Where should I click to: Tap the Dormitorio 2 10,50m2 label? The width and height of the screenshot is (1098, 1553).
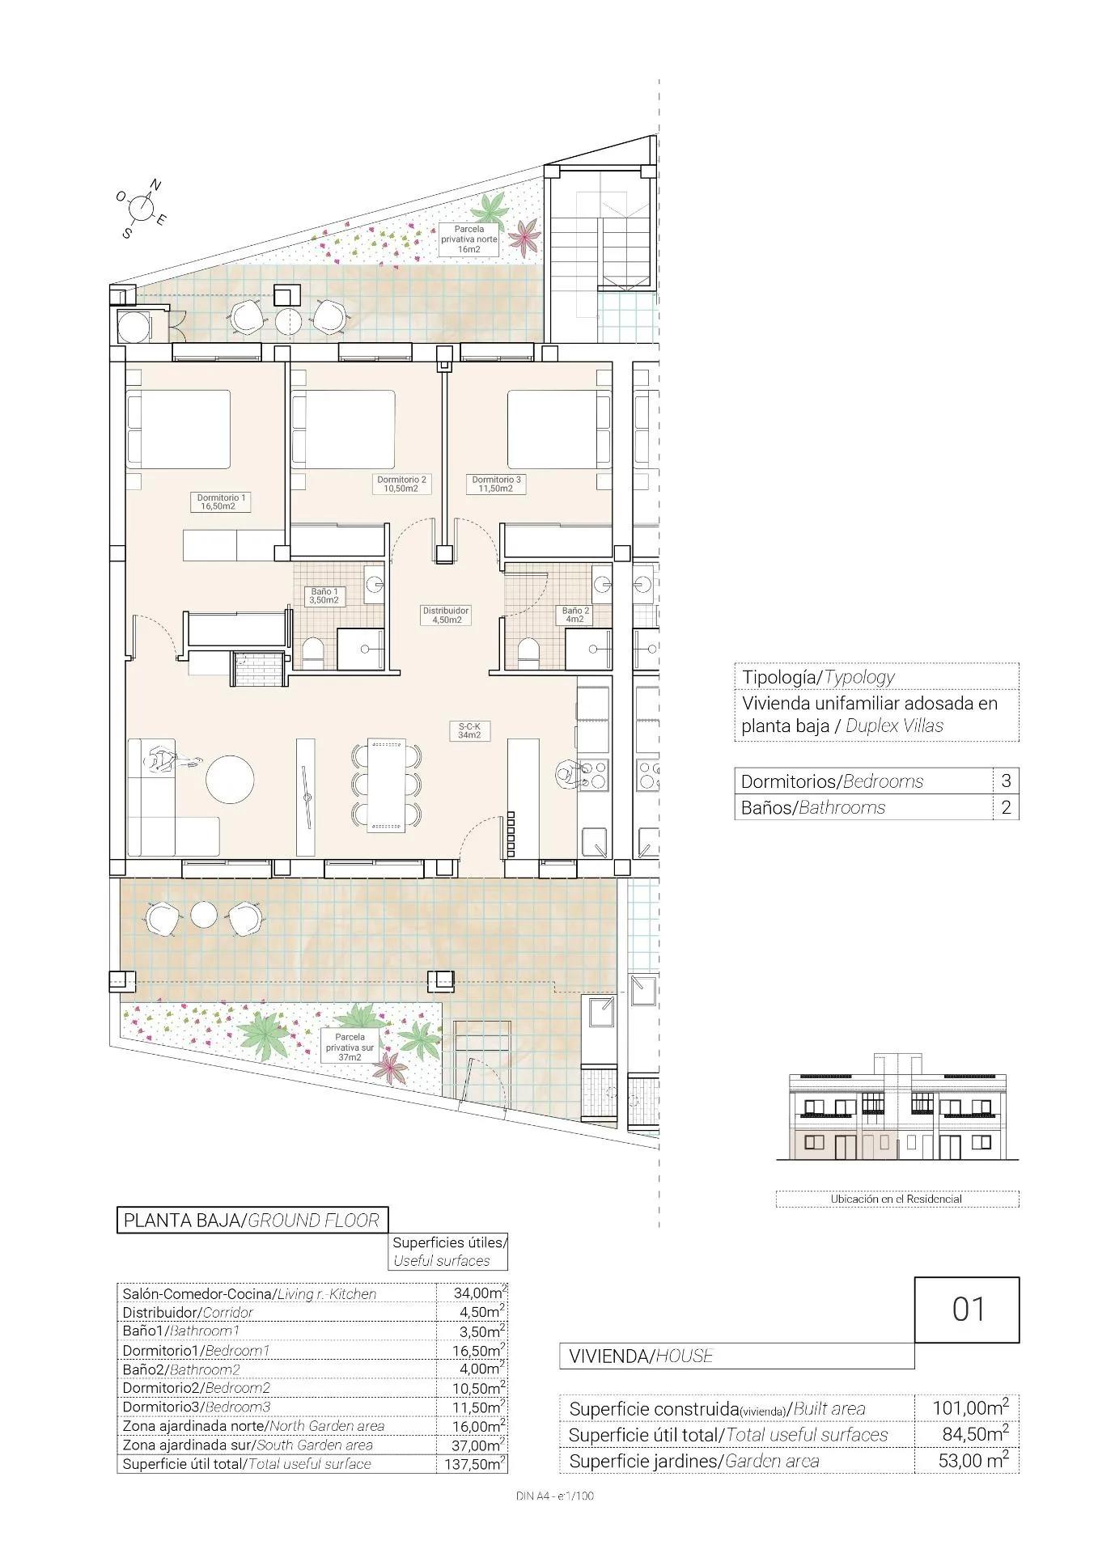[401, 484]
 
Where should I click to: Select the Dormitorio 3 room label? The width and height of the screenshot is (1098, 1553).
[496, 484]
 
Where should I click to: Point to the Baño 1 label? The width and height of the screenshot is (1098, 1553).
[324, 596]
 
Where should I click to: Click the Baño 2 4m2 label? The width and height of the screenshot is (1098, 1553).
[575, 615]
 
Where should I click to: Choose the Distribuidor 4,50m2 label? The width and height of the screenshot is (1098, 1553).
[445, 615]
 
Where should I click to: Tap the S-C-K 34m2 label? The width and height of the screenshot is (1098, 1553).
[469, 730]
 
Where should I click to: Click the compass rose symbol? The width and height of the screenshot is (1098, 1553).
[142, 208]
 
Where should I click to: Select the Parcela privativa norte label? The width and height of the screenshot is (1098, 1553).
[469, 239]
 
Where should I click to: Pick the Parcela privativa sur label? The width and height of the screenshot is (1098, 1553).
[350, 1046]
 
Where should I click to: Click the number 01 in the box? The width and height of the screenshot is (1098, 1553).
[967, 1309]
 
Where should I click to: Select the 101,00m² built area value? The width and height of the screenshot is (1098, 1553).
[969, 1407]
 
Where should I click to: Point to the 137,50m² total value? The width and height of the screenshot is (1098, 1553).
[475, 1463]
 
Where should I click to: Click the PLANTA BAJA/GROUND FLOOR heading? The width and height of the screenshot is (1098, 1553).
[251, 1220]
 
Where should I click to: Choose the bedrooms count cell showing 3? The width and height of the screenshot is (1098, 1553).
[1006, 781]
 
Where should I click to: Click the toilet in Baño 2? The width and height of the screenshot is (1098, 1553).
[528, 652]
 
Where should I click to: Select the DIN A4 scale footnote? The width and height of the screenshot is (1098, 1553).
[554, 1496]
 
